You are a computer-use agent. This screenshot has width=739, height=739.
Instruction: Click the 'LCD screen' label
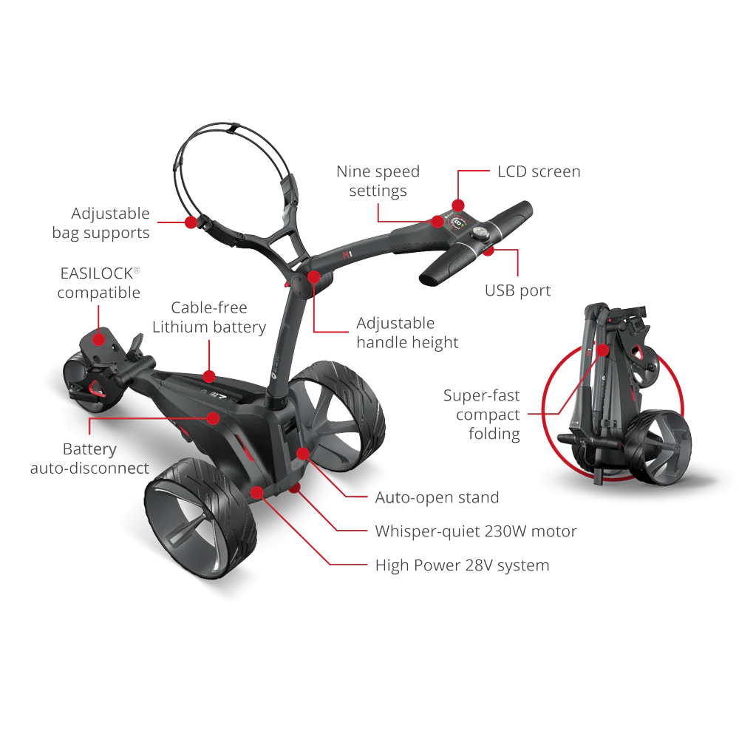[539, 171]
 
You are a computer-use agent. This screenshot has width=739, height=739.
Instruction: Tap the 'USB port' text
[517, 290]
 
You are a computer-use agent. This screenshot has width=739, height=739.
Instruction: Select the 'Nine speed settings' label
[378, 181]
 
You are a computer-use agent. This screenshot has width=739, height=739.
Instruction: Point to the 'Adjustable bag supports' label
[101, 223]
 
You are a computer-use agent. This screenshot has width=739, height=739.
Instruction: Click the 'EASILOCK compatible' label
[99, 283]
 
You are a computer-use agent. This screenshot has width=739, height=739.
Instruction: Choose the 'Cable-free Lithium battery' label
[209, 317]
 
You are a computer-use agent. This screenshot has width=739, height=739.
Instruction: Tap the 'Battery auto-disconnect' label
[89, 459]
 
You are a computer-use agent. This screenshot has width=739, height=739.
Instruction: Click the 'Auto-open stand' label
[437, 497]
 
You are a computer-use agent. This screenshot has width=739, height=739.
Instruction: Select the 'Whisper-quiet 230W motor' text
[476, 531]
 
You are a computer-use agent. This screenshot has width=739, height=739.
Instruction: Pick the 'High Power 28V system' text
[463, 565]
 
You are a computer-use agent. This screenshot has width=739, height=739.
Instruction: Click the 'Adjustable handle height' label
[407, 333]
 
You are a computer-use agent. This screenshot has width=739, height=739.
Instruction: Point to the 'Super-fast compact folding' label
[482, 415]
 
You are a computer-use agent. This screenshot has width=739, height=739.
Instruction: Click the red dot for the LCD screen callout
[458, 205]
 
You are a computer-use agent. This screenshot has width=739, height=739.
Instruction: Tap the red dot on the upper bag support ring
[191, 222]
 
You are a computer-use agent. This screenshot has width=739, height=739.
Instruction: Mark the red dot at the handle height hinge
[314, 276]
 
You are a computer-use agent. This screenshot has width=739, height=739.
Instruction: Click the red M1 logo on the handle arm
[347, 254]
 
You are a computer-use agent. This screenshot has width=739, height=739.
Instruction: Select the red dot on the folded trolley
[602, 350]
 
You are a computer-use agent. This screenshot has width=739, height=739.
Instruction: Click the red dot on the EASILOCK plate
[98, 339]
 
